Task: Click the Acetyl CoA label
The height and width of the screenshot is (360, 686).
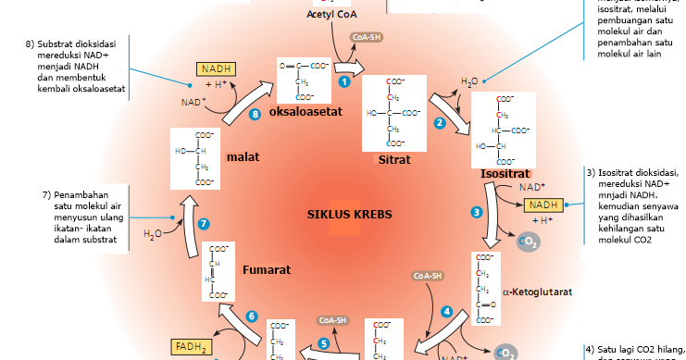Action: tap(331, 15)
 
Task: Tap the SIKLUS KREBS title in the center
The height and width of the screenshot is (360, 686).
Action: tap(349, 214)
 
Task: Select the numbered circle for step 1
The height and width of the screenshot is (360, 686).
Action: tap(343, 81)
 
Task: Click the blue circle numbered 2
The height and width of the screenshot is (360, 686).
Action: tap(440, 122)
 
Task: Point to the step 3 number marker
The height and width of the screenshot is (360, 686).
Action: tap(477, 212)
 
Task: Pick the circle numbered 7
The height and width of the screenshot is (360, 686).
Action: tap(204, 223)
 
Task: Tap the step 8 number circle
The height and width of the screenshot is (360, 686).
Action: tap(256, 115)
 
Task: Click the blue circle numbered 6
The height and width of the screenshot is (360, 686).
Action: tap(251, 316)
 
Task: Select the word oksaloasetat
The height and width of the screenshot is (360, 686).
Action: tap(306, 112)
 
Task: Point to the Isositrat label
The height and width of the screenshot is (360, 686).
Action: tap(505, 173)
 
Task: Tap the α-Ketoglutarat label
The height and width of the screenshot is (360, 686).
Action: tap(537, 292)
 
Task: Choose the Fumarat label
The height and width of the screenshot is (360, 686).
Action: tap(267, 270)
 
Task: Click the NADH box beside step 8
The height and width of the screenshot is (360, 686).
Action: tap(215, 68)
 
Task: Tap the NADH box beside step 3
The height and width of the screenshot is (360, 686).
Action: tap(543, 205)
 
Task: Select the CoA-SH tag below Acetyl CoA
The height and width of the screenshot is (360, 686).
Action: tap(366, 38)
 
